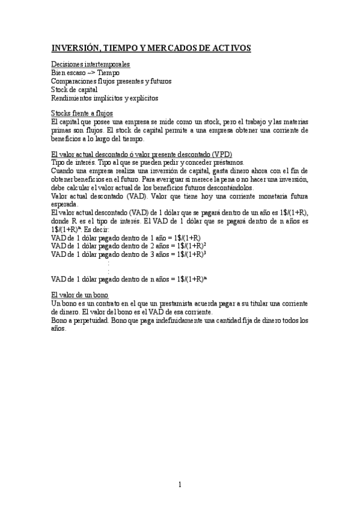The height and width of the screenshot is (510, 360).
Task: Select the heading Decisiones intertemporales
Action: pos(91,64)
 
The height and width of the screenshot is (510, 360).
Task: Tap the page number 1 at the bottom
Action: pos(180,484)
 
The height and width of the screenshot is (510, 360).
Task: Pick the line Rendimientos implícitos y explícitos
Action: pos(105,98)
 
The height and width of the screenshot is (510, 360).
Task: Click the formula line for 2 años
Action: pos(129,245)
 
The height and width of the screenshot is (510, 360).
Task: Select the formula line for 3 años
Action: pos(129,254)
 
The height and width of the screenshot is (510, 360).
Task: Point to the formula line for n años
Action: pos(129,279)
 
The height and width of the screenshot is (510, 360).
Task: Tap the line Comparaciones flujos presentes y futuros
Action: pos(111,81)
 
